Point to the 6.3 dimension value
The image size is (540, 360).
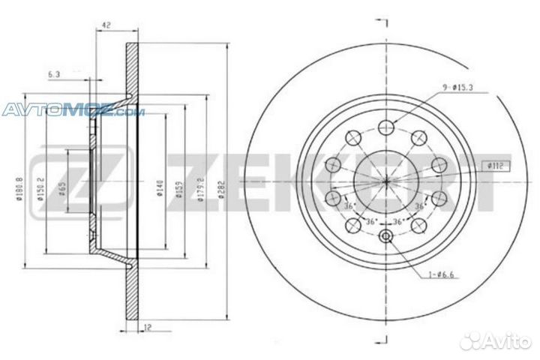coord(54,74)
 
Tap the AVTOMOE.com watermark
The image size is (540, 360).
coord(72,112)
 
